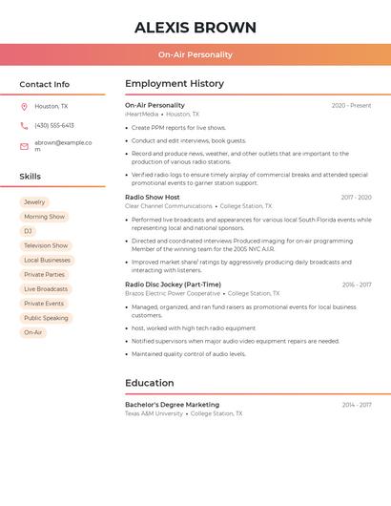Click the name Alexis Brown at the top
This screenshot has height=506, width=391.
[195, 27]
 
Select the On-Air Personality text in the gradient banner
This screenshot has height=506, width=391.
[195, 54]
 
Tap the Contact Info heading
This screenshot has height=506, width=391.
[45, 84]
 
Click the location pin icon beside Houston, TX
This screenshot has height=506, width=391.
[24, 107]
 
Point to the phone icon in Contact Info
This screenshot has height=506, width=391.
[24, 126]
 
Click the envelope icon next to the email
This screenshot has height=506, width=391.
[24, 146]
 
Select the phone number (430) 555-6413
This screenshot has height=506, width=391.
[54, 126]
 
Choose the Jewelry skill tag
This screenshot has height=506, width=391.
[34, 202]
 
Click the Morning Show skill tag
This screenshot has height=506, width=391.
[44, 217]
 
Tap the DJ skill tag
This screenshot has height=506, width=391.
[29, 231]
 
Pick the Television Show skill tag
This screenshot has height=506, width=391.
[46, 245]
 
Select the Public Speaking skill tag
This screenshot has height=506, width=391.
[46, 318]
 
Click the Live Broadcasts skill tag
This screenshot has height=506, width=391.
[46, 289]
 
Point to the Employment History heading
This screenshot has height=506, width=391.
[175, 84]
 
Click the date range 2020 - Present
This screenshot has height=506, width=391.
[351, 106]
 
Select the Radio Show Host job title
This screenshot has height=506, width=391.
[153, 198]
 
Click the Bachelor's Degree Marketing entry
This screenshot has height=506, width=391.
[172, 405]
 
